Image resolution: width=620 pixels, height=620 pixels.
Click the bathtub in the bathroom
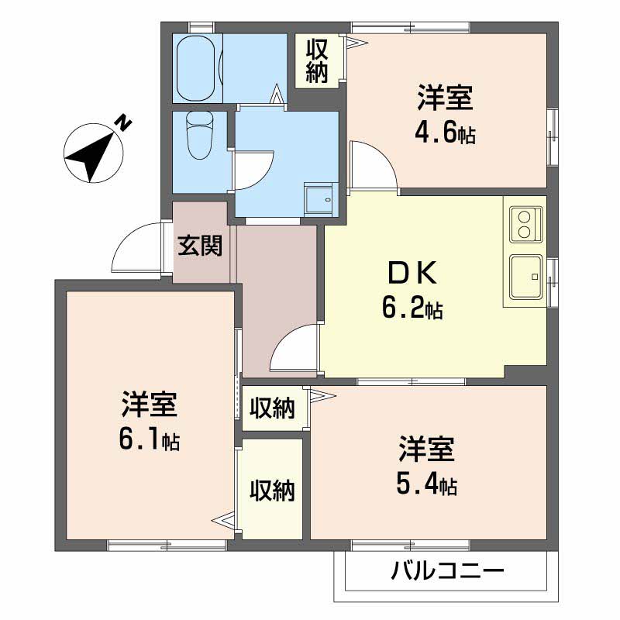click(196, 69)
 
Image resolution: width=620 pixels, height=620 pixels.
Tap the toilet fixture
click(200, 135)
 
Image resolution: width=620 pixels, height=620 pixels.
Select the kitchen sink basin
click(525, 277)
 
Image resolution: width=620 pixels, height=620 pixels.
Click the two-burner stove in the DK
click(525, 224)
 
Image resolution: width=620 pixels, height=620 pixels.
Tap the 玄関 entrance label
click(200, 246)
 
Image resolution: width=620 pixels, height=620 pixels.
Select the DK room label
click(412, 274)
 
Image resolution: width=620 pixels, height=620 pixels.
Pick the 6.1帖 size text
click(150, 439)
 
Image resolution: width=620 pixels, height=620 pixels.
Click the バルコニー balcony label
click(448, 571)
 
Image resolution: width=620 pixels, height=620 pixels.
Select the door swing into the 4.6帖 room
click(374, 166)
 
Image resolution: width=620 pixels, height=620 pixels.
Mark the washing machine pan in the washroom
click(321, 199)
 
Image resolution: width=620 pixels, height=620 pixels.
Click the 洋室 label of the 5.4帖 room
click(427, 449)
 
